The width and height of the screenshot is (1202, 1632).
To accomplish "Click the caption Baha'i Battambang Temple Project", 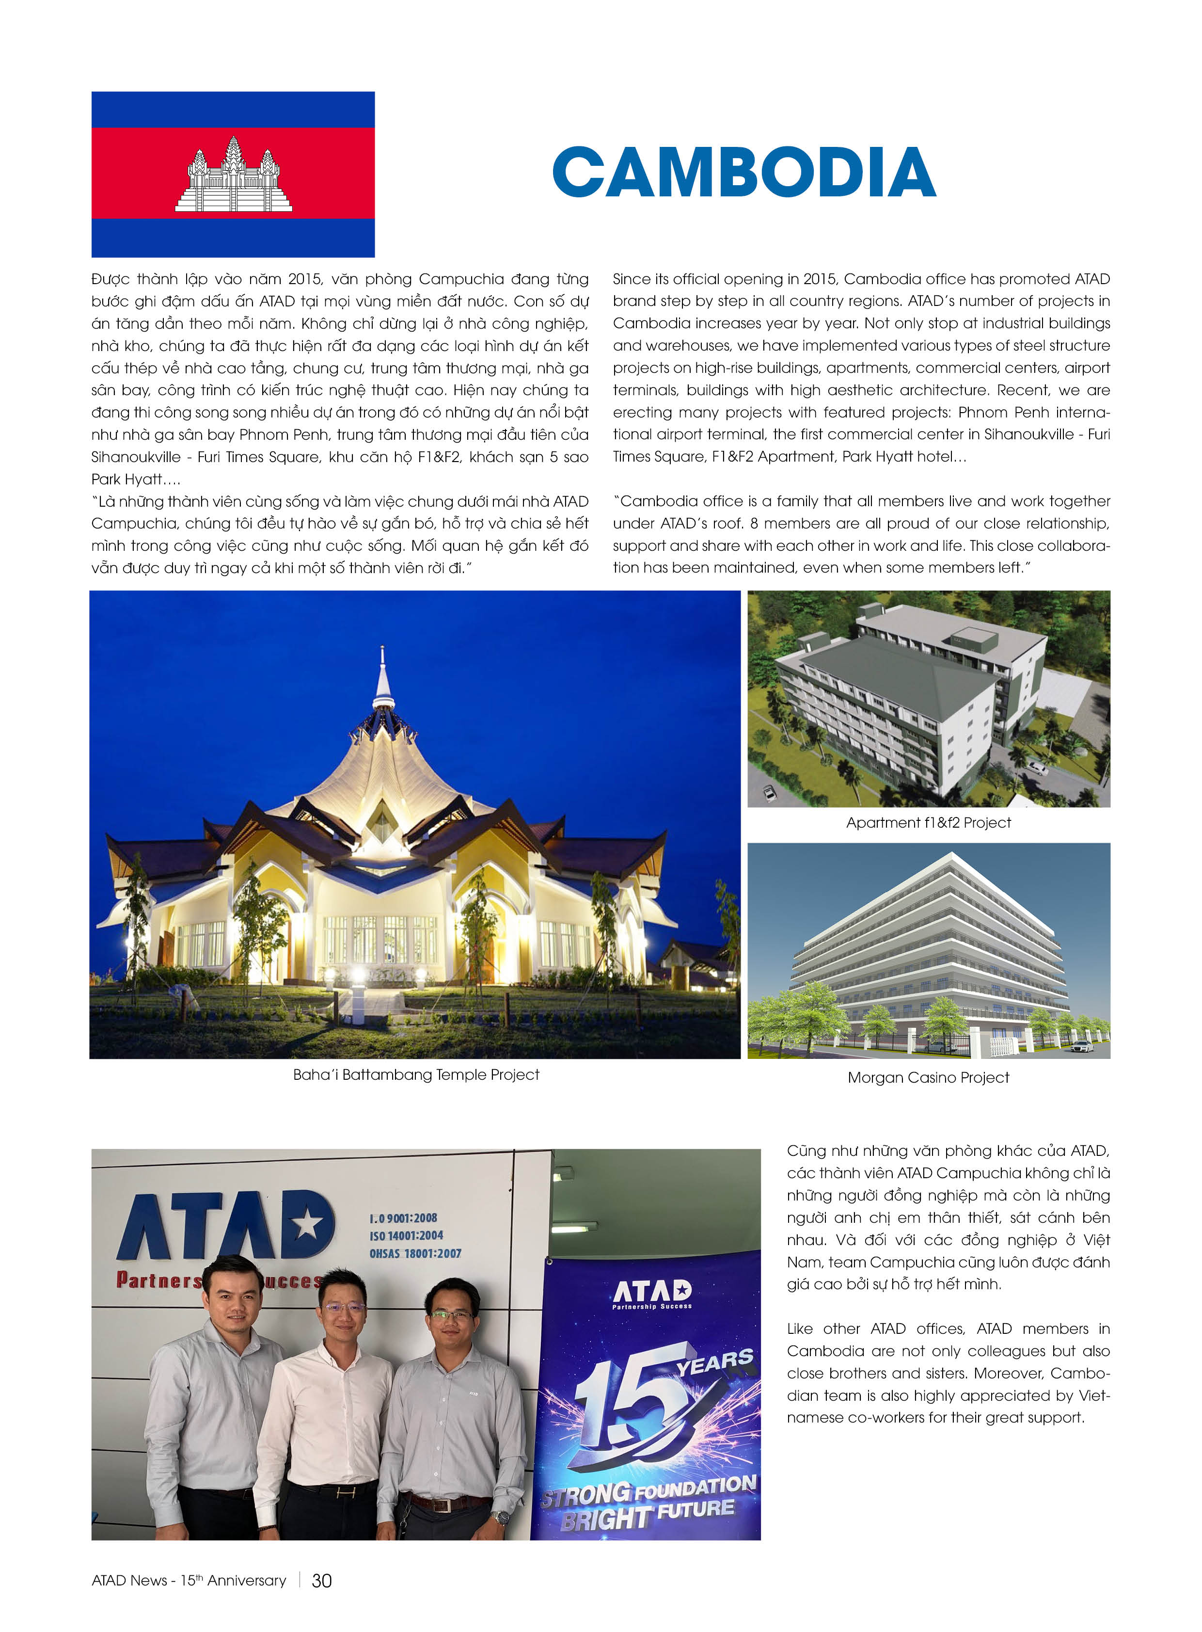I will pyautogui.click(x=416, y=1074).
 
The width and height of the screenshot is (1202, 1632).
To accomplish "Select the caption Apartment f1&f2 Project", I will pyautogui.click(x=929, y=823).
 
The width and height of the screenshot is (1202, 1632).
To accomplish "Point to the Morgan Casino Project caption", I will pyautogui.click(x=929, y=1077).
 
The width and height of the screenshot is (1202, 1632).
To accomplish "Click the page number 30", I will pyautogui.click(x=322, y=1580).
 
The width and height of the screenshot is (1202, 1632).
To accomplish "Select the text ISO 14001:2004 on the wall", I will pyautogui.click(x=406, y=1235).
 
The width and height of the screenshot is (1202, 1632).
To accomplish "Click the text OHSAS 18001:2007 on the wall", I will pyautogui.click(x=415, y=1253).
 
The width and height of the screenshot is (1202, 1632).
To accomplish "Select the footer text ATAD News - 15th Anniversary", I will pyautogui.click(x=189, y=1580).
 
